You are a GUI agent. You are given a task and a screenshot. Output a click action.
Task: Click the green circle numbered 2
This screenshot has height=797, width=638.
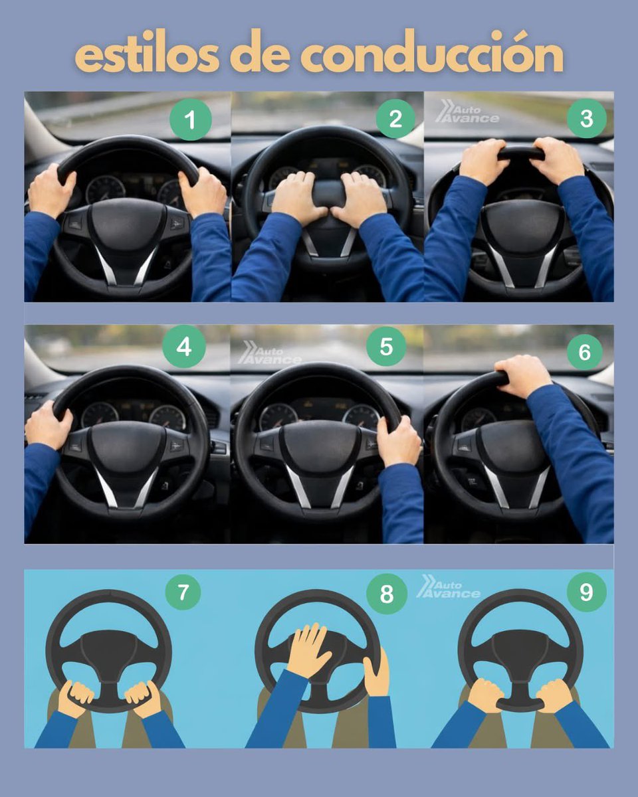pos(395,120)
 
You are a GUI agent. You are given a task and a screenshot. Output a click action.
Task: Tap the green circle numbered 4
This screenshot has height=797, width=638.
pos(184,347)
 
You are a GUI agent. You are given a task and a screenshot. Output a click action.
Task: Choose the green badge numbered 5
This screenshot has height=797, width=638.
pos(386,346)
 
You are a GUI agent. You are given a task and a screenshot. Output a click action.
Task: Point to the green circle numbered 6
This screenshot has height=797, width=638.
pos(584,352)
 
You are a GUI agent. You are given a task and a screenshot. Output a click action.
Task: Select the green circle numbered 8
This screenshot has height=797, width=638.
pos(386,594)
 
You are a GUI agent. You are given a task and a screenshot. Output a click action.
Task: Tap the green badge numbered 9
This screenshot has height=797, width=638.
pos(585,591)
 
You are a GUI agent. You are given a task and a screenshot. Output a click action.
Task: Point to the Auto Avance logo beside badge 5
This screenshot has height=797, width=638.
pos(269,353)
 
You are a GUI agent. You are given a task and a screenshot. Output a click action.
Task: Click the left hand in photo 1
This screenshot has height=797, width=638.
pos(51,190)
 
